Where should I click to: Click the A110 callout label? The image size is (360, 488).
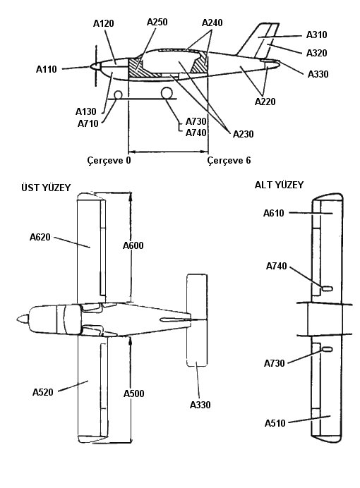[x=47, y=69]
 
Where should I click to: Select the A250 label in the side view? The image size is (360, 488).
[x=157, y=22]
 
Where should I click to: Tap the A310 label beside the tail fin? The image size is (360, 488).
[x=317, y=35]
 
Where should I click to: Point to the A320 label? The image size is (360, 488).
[x=317, y=53]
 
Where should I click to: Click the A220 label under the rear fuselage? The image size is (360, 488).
[x=265, y=102]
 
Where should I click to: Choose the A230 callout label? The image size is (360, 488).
[x=244, y=134]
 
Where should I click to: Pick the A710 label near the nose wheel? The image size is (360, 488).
[x=88, y=123]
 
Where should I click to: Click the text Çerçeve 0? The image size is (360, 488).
[x=109, y=161]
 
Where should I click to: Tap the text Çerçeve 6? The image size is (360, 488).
[x=229, y=161]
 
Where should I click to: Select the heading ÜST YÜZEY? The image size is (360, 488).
[x=46, y=188]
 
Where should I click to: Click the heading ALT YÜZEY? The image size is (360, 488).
[x=279, y=185]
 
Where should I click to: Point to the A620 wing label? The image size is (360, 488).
[x=40, y=237]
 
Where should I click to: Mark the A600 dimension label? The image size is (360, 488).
[x=133, y=245]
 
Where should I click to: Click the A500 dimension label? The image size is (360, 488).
[x=134, y=394]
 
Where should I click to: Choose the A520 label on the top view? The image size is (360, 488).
[x=43, y=392]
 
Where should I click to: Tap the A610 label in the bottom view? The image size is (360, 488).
[x=274, y=213]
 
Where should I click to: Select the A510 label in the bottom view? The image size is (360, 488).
[x=275, y=423]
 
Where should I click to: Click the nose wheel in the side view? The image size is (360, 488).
[x=119, y=94]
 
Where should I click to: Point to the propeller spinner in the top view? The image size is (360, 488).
[x=23, y=319]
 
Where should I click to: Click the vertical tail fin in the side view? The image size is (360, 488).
[x=259, y=40]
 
